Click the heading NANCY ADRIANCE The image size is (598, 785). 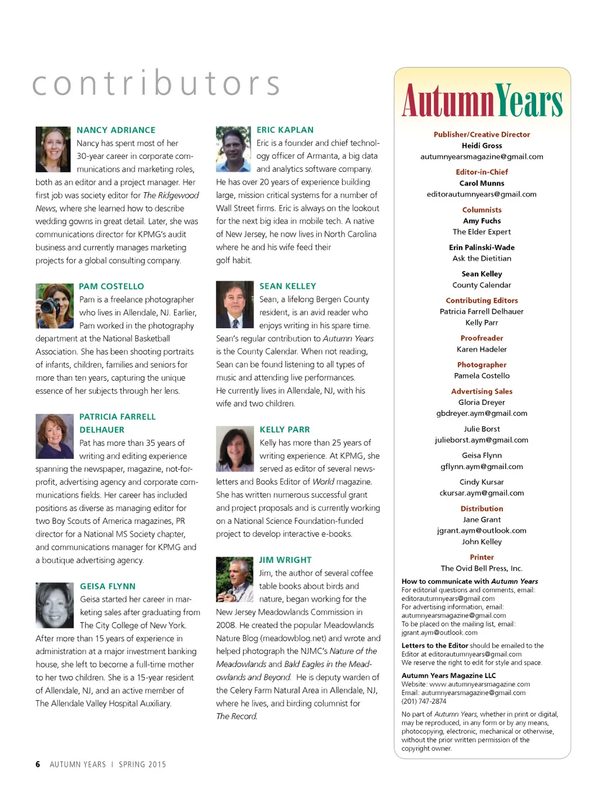116,130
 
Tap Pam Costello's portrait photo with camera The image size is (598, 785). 54,305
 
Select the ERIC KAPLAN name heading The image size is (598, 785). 285,130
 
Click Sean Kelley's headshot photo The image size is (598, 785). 235,304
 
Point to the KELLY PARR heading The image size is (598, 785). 284,429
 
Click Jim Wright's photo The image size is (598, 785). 235,579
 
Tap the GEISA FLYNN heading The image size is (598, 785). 107,586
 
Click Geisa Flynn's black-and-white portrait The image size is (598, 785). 55,605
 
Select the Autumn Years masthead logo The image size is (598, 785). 482,100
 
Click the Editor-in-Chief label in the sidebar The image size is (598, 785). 482,172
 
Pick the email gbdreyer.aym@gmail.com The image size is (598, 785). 482,414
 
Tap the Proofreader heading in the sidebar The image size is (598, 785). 482,338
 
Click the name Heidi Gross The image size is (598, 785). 482,146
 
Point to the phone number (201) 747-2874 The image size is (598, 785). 424,701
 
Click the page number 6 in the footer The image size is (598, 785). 38,765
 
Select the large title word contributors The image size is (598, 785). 157,84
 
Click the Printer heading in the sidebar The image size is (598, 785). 482,557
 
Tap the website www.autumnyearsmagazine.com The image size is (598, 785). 479,685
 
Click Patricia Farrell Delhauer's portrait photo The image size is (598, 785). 54,436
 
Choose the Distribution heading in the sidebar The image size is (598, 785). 482,509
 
